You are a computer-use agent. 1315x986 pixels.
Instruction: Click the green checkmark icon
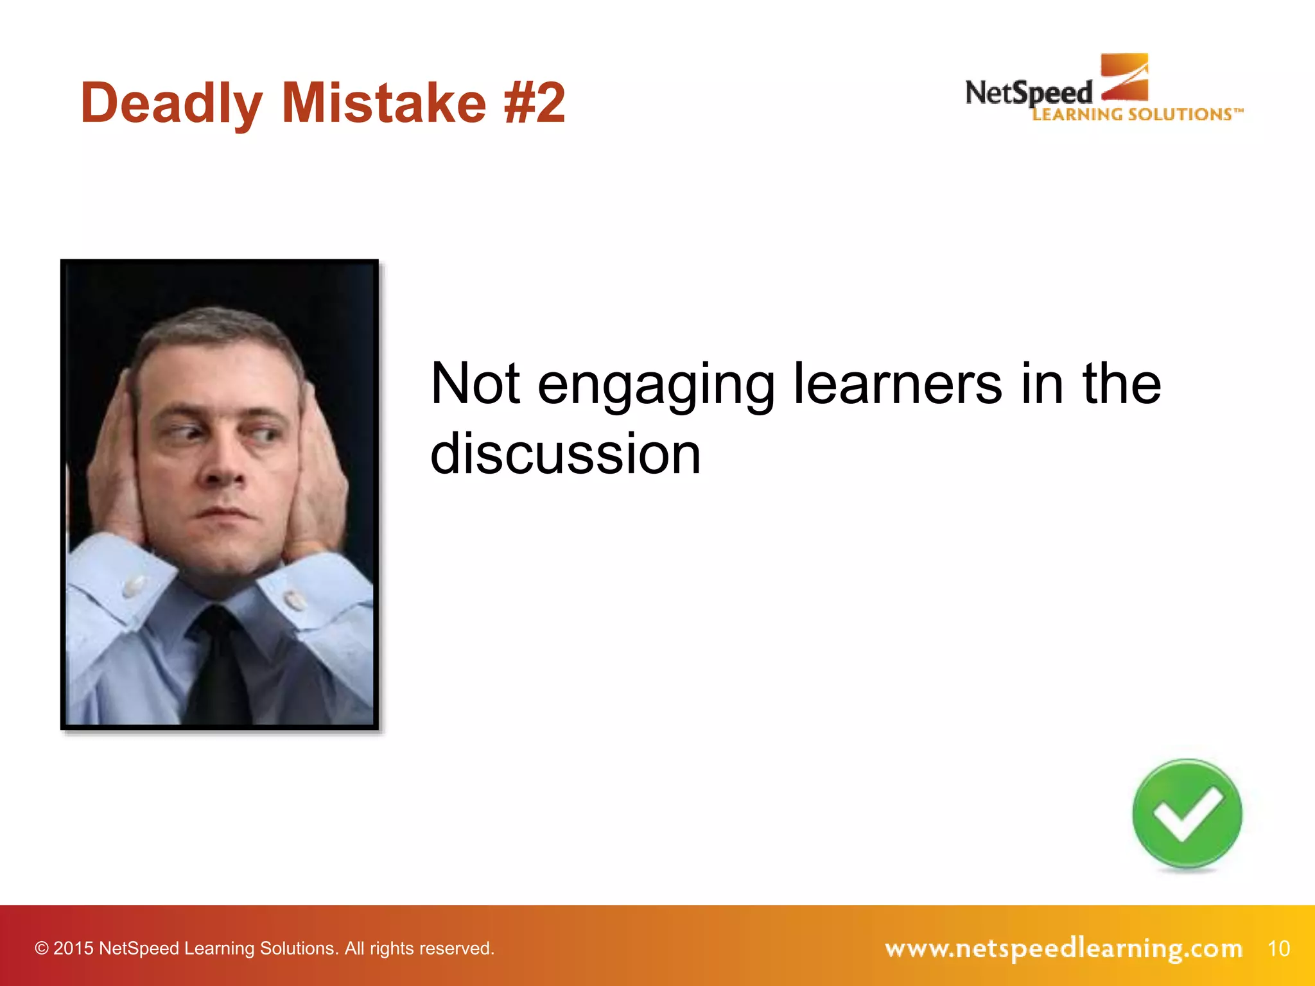1187,815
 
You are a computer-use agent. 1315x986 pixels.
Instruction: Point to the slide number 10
1278,948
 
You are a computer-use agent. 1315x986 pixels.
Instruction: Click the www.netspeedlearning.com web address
1063,948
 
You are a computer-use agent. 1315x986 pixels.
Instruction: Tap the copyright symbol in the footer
41,948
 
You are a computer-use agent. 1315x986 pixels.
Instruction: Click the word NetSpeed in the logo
1028,94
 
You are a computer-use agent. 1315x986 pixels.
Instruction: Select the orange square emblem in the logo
1124,77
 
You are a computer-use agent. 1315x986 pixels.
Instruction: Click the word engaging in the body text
656,385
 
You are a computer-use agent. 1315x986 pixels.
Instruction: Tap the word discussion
565,454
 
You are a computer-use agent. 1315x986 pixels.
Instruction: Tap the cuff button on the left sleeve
134,585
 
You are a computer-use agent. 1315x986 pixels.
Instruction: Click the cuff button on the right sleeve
295,600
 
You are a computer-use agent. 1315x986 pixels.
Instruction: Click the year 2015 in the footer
73,948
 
